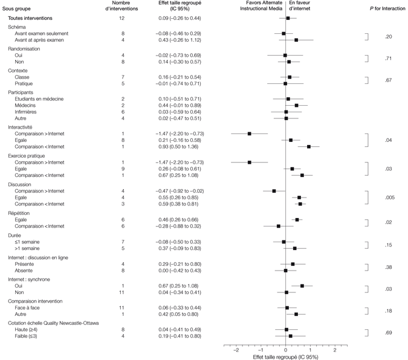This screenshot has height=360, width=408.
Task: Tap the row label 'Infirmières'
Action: pyautogui.click(x=30, y=112)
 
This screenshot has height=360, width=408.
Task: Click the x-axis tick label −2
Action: pyautogui.click(x=236, y=350)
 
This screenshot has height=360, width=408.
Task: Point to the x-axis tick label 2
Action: pyautogui.click(x=335, y=350)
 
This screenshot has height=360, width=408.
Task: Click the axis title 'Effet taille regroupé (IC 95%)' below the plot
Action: pyautogui.click(x=285, y=356)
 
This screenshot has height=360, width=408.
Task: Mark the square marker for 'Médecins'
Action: pyautogui.click(x=296, y=105)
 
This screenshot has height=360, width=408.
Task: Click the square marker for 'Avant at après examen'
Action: pyautogui.click(x=296, y=40)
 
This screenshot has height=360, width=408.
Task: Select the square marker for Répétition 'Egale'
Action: pyautogui.click(x=297, y=220)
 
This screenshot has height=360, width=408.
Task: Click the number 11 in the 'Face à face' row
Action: pyautogui.click(x=123, y=307)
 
